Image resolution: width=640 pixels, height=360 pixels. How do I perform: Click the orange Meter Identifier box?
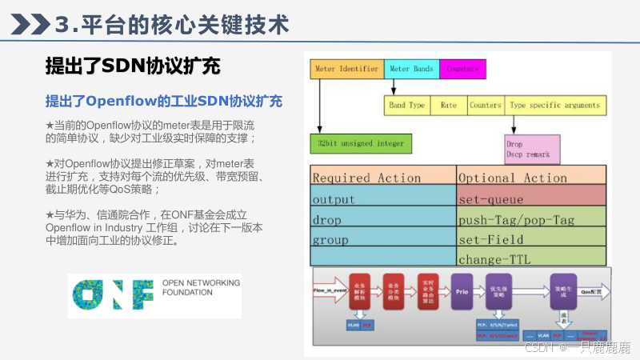(346, 69)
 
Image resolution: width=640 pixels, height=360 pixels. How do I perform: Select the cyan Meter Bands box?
(411, 69)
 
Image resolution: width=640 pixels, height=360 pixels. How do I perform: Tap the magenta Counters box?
(462, 69)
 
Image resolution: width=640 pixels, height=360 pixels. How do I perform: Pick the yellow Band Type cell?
(407, 105)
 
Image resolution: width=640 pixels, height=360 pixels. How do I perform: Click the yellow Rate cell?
(449, 105)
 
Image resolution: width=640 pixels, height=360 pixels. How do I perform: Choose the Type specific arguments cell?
(554, 105)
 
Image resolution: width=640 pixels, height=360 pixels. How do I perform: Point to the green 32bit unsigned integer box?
(361, 144)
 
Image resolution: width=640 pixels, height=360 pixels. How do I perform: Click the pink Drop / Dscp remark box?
(531, 150)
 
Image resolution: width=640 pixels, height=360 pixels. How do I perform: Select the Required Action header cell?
(382, 178)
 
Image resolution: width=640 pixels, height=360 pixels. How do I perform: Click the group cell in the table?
(382, 239)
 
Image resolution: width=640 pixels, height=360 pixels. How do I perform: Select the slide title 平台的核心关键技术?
(171, 25)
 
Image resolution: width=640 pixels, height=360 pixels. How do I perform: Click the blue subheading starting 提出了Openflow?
(164, 102)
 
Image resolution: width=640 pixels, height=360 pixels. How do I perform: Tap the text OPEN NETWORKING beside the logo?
(200, 282)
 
